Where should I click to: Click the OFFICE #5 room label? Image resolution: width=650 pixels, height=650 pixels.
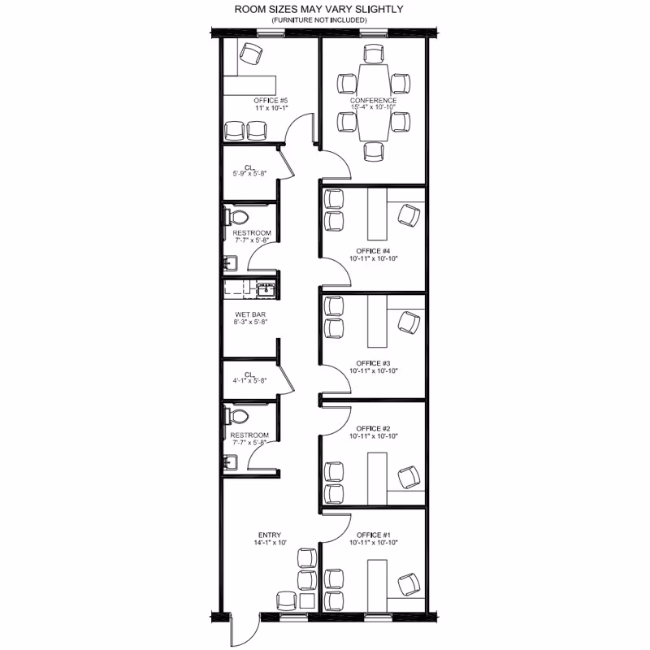[271, 100]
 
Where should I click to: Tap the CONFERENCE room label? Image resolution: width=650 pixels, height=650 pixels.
[373, 100]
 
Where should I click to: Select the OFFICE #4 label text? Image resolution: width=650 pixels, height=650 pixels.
[373, 251]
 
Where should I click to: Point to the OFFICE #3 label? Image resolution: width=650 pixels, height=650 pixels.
[373, 363]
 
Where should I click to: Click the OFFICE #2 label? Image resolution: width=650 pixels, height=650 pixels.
[373, 428]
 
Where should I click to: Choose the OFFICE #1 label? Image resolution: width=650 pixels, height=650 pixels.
[373, 535]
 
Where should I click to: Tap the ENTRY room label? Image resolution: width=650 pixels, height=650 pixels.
[270, 535]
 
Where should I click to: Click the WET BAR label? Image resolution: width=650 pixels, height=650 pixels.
[250, 314]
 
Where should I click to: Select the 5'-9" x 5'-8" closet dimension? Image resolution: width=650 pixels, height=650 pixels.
[249, 174]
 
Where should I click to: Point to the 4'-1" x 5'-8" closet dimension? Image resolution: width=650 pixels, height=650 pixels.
[249, 380]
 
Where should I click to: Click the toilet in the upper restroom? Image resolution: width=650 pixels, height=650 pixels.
[236, 217]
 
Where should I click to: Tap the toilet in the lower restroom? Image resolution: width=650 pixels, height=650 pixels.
[236, 416]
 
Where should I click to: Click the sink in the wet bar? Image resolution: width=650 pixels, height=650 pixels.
[266, 289]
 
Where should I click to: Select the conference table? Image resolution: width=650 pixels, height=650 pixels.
[374, 102]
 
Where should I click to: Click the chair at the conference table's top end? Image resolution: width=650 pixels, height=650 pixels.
[374, 54]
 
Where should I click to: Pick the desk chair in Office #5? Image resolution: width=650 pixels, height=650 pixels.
[251, 54]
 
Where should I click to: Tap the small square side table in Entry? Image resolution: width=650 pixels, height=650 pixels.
[308, 601]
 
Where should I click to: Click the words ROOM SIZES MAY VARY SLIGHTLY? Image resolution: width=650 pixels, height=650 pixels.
[318, 9]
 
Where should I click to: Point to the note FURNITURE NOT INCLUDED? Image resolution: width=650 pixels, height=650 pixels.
[319, 19]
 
